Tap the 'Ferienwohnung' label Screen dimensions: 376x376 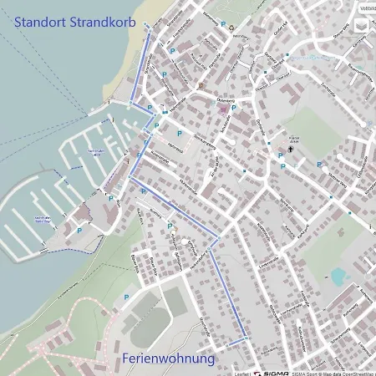pos(168,358)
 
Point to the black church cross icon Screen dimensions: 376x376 pos(290,149)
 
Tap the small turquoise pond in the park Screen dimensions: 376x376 pos(338,277)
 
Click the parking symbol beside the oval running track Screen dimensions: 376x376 pos(126,297)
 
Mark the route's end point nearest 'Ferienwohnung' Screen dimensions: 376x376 pos(246,338)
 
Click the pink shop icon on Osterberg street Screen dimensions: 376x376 pos(201,86)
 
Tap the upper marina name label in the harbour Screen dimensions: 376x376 pos(94,151)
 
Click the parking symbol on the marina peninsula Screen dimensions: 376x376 pos(79,230)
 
